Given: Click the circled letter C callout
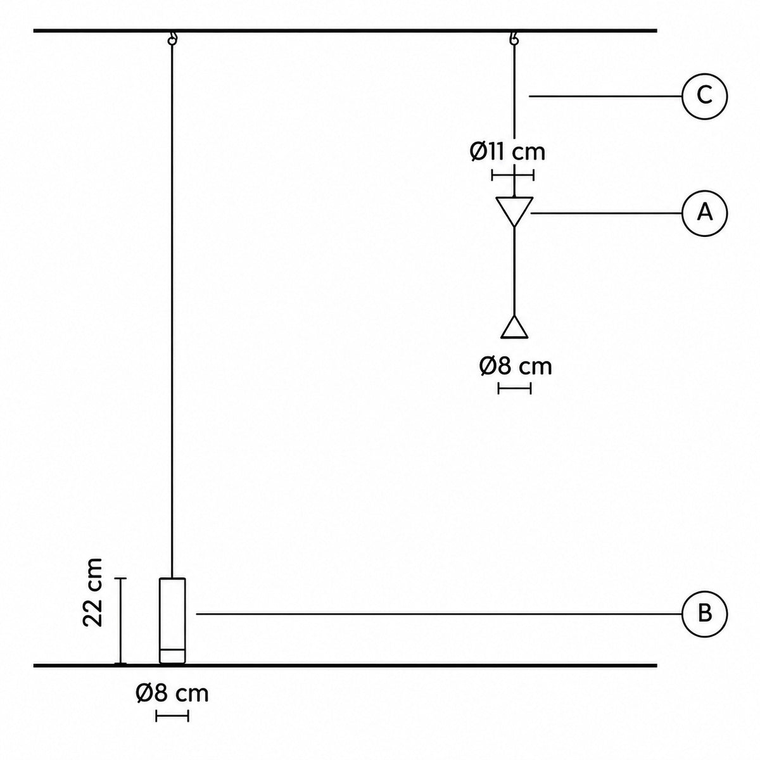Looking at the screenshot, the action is [x=704, y=96].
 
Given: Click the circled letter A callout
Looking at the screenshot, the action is [x=704, y=213].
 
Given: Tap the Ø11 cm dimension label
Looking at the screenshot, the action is [x=507, y=151].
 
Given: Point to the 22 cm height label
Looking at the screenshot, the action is [x=94, y=592].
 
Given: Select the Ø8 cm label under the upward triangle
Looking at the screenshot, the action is [x=516, y=367].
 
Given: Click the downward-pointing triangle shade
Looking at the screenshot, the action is [x=514, y=212].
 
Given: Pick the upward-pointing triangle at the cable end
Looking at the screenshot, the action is [x=514, y=327].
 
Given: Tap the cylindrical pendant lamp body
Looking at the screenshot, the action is [x=172, y=621].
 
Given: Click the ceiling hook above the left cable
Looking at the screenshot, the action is [x=172, y=39].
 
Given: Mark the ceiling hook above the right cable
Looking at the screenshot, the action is [x=514, y=39].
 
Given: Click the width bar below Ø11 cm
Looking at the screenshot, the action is [x=513, y=175].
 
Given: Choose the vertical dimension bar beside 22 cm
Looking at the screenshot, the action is [x=121, y=621].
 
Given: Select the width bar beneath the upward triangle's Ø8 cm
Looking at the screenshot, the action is [x=514, y=388].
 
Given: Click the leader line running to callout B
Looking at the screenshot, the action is [x=439, y=614].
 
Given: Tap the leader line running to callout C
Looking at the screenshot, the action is [x=605, y=96].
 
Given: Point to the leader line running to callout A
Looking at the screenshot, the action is [x=606, y=213].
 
